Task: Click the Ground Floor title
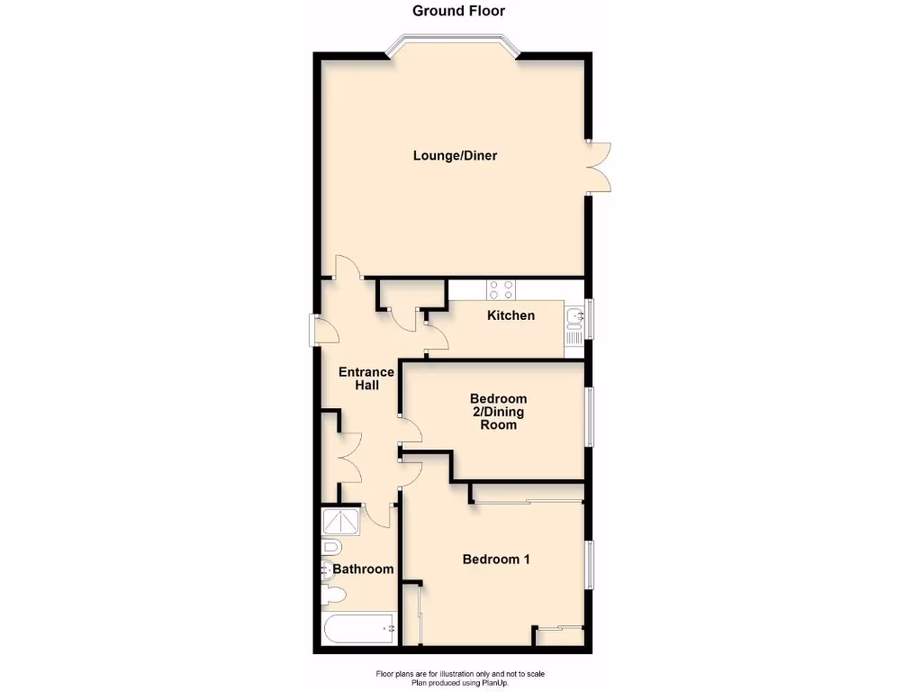459,12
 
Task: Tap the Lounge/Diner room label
455,156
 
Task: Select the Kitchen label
511,315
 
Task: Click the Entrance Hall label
366,378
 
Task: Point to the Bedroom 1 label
496,560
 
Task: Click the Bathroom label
363,569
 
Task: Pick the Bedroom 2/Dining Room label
498,412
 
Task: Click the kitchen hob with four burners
501,289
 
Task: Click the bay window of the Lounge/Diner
453,45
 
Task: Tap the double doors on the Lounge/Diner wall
599,167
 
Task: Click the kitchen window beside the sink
589,319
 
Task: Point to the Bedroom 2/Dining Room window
589,416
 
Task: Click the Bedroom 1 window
589,566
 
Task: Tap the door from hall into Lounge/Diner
348,268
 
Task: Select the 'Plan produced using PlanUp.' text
460,683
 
